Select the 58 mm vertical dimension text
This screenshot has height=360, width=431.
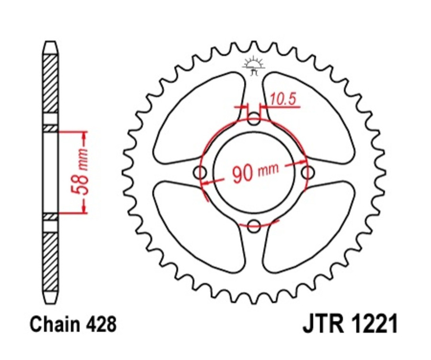[82, 171]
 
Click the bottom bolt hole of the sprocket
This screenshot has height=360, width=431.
[255, 226]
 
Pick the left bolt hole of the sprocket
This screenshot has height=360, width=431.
[201, 172]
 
